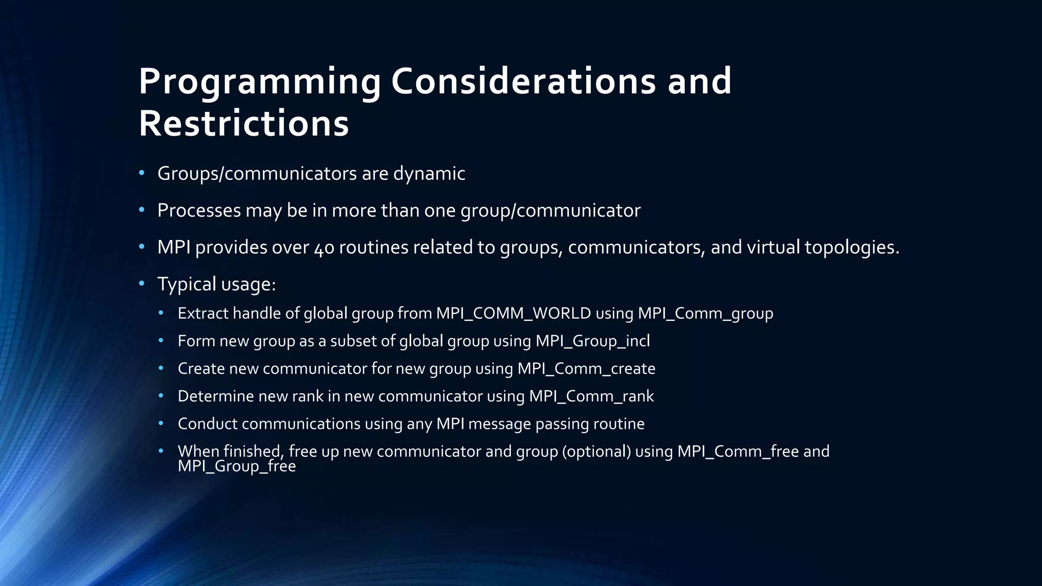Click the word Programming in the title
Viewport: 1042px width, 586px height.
click(259, 81)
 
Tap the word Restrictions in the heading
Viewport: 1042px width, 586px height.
click(244, 124)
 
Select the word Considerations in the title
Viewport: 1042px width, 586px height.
click(523, 81)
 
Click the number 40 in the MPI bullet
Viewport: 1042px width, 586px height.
click(324, 248)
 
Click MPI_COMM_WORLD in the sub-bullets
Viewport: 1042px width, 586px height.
click(513, 313)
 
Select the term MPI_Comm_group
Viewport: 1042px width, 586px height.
click(705, 313)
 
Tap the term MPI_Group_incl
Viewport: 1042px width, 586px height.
click(593, 341)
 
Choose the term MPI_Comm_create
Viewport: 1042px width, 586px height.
click(586, 368)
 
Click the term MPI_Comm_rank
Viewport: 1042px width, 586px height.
click(591, 396)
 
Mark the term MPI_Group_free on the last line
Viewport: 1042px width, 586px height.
click(237, 466)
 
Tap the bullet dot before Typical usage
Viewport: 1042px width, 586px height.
click(142, 283)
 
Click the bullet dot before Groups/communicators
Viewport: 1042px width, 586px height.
click(142, 173)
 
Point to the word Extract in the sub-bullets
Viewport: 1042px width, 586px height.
click(203, 313)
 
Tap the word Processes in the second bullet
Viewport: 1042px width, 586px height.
click(199, 211)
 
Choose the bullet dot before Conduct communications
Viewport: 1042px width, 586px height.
click(161, 423)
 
